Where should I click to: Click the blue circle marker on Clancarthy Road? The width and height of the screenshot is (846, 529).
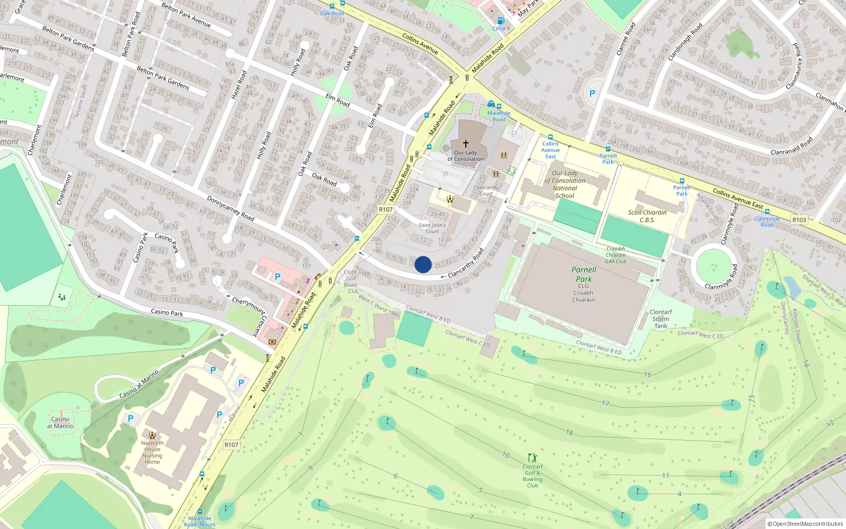pyautogui.click(x=423, y=264)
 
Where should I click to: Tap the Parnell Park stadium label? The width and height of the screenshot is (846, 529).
pyautogui.click(x=584, y=274)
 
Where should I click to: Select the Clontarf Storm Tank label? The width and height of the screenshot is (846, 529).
pyautogui.click(x=660, y=319)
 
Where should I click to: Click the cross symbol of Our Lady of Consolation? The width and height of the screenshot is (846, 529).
pyautogui.click(x=465, y=143)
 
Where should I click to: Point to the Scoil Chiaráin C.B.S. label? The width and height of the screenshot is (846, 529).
pyautogui.click(x=647, y=216)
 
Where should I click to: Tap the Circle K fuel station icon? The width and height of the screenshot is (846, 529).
pyautogui.click(x=501, y=21)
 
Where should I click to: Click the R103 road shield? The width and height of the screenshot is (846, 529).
pyautogui.click(x=799, y=220)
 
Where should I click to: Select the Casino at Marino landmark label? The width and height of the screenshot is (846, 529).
pyautogui.click(x=60, y=422)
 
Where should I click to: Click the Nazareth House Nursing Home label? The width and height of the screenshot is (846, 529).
pyautogui.click(x=152, y=452)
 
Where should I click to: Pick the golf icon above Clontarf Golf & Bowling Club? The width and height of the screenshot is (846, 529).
pyautogui.click(x=532, y=458)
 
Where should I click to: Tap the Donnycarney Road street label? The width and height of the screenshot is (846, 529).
pyautogui.click(x=231, y=208)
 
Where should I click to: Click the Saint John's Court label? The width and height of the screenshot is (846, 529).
pyautogui.click(x=432, y=228)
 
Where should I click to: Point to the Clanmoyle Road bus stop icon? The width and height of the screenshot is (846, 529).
pyautogui.click(x=767, y=212)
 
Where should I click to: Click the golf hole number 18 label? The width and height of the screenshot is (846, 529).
pyautogui.click(x=569, y=432)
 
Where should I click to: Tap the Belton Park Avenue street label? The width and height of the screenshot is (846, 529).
pyautogui.click(x=186, y=15)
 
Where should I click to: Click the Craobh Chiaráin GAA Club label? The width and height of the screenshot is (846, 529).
pyautogui.click(x=615, y=255)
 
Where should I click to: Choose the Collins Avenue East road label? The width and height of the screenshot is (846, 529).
pyautogui.click(x=738, y=198)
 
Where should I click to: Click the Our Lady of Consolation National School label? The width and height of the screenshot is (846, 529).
pyautogui.click(x=565, y=184)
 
